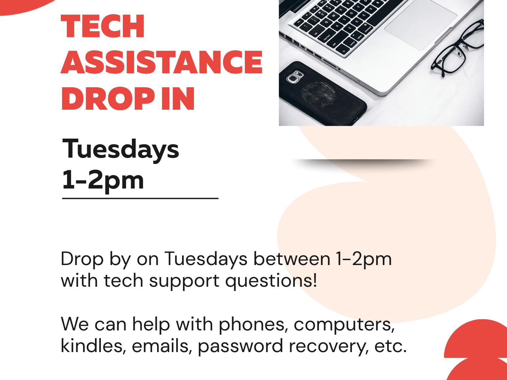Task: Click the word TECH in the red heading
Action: [x=103, y=26]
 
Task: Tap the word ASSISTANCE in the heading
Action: [x=161, y=62]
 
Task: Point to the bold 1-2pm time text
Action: [x=103, y=180]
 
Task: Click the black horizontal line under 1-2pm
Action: [x=140, y=198]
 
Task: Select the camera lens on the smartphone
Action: [x=292, y=78]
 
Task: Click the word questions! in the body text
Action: [x=271, y=281]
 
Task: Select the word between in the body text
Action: [x=292, y=259]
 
